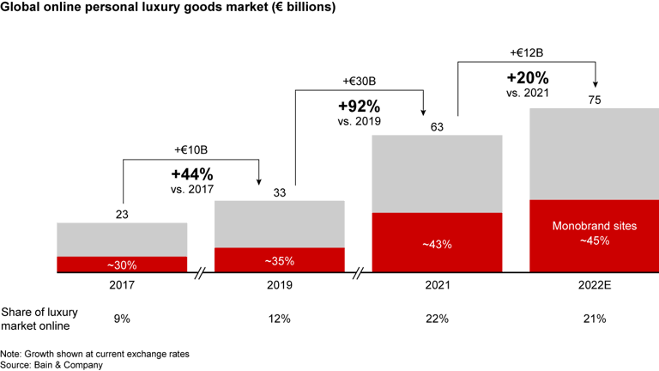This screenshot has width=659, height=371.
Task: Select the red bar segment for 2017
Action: [122, 265]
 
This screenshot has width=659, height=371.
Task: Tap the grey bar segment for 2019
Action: [279, 223]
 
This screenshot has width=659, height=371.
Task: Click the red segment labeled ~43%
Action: [436, 243]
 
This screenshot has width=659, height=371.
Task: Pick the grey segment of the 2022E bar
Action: [594, 153]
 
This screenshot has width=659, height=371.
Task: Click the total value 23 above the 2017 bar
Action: [122, 214]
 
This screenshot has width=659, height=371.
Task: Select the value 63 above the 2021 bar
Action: [436, 126]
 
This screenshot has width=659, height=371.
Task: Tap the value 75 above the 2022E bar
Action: [594, 100]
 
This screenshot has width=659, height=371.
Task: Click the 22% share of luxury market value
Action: [436, 319]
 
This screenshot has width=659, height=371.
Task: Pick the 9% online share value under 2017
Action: [122, 319]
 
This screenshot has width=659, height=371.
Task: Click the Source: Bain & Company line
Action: [51, 364]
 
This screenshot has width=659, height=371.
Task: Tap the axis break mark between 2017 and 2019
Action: [201, 274]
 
